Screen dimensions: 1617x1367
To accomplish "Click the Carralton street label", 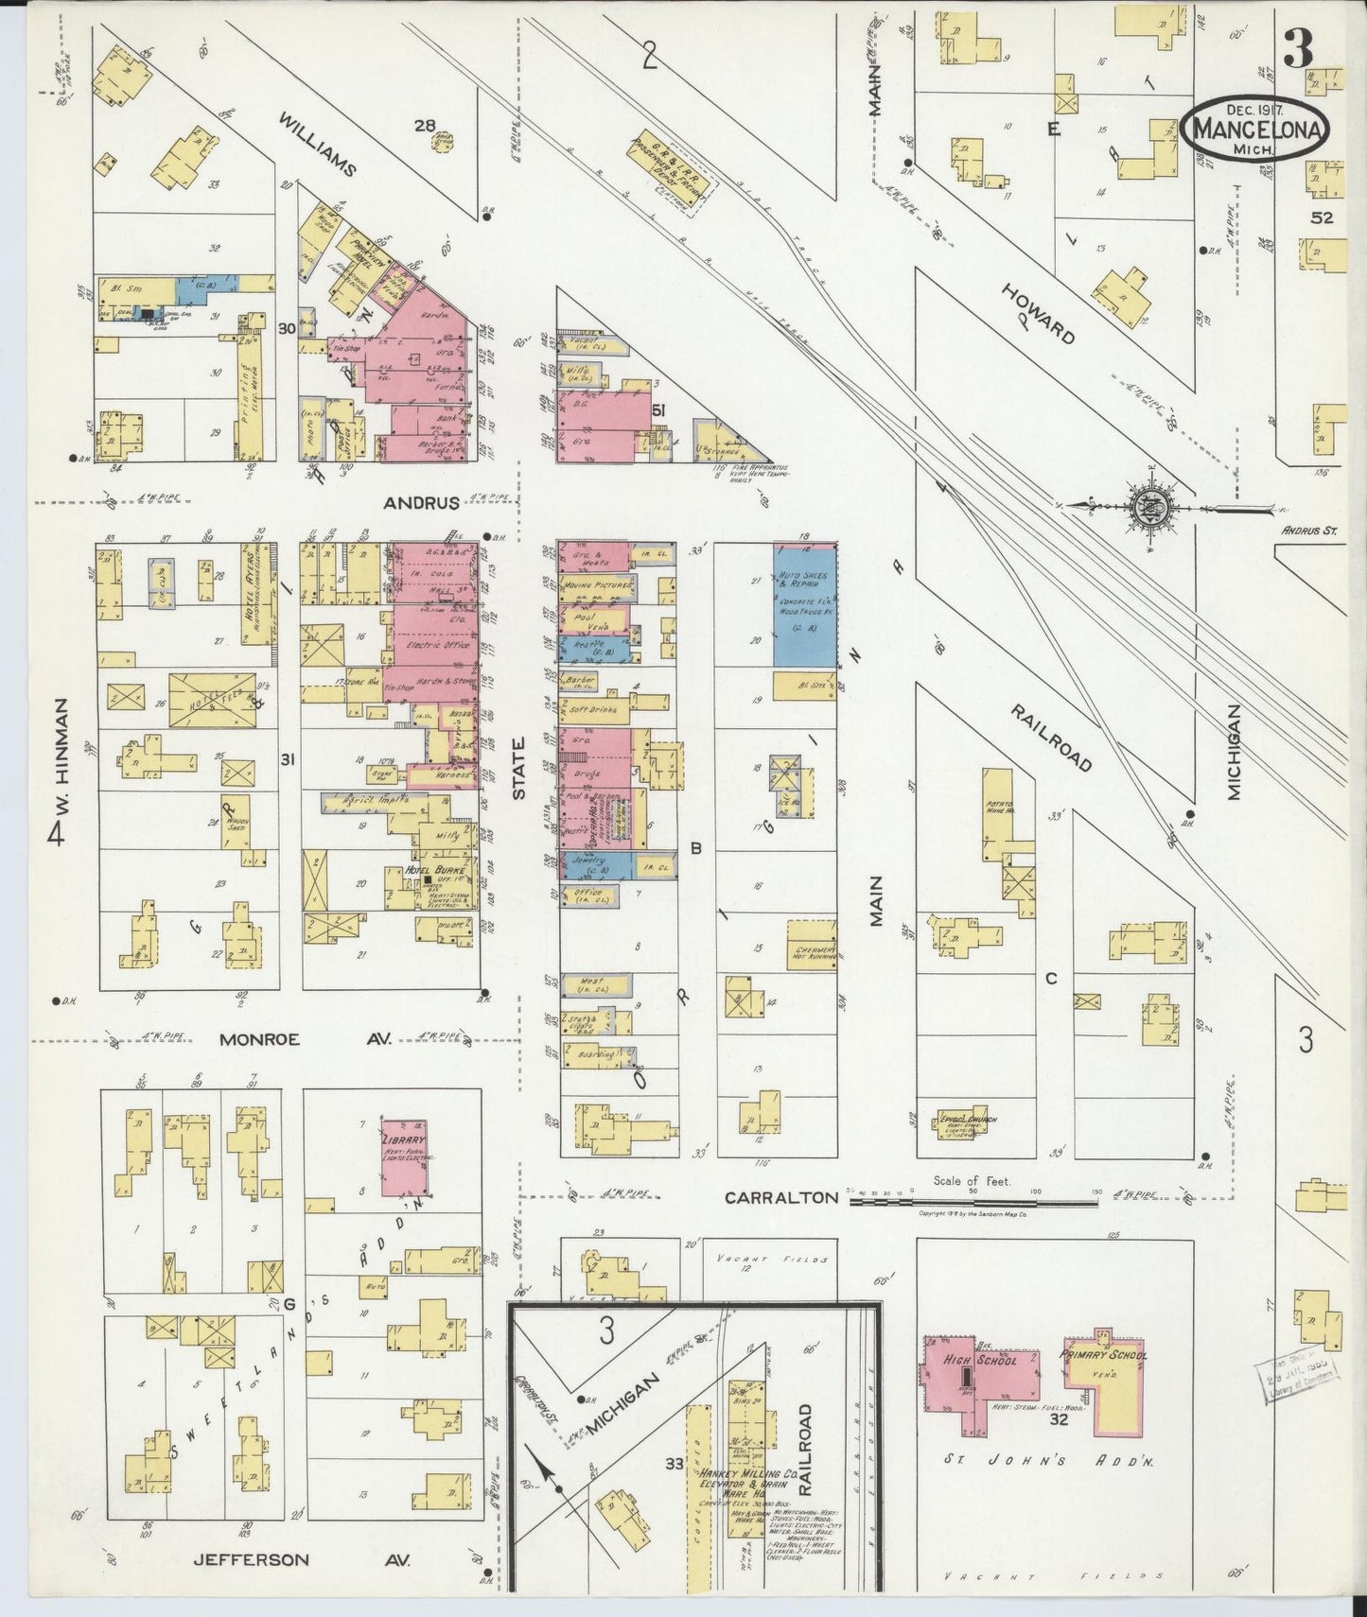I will coord(780,1197).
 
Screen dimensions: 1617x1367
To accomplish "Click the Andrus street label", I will coord(421,503).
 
